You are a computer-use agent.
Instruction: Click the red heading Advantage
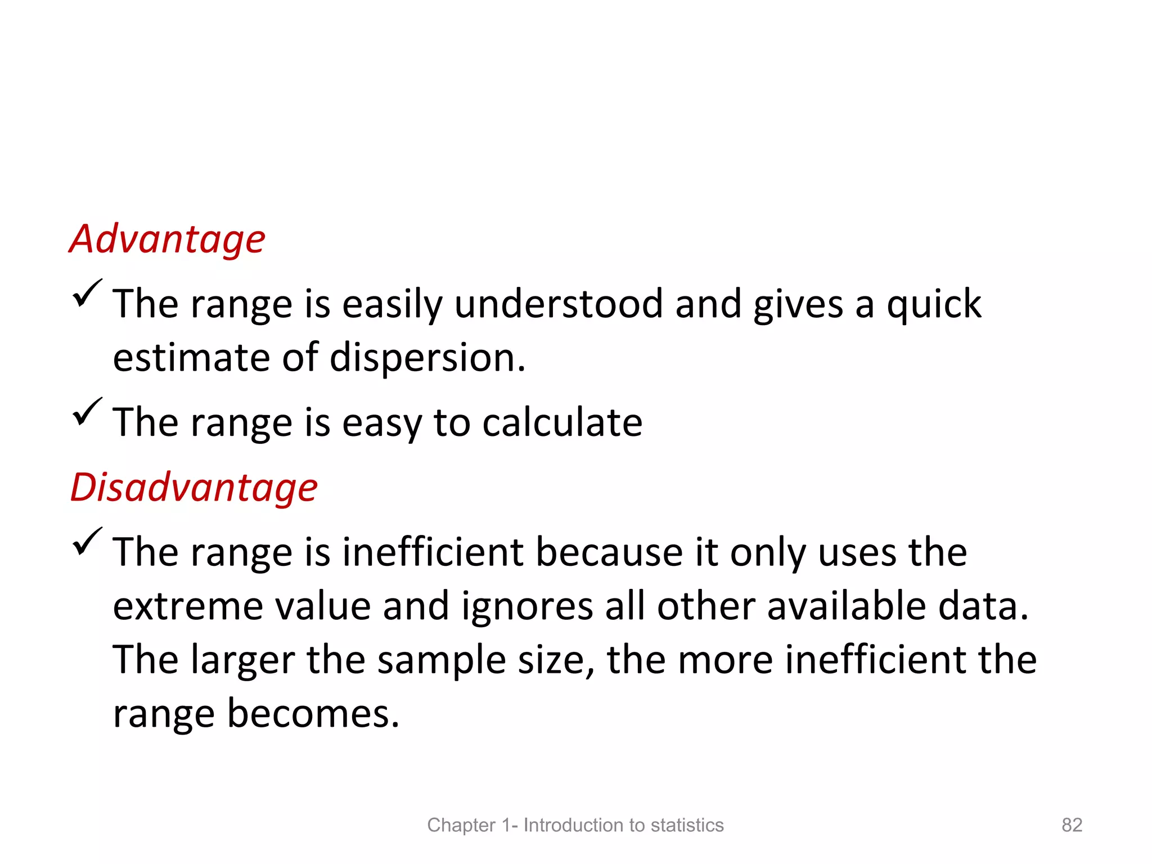pos(167,240)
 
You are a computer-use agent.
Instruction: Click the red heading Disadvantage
pos(194,487)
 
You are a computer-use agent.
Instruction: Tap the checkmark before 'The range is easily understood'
pos(87,293)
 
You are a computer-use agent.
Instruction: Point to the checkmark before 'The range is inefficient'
pos(87,541)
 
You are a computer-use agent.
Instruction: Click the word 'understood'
pos(559,304)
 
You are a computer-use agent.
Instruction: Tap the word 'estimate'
pos(191,358)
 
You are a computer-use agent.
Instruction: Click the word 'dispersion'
pos(426,358)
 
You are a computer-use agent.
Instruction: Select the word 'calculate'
pos(562,422)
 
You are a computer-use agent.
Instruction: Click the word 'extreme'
pos(188,606)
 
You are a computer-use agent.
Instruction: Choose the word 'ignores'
pos(527,606)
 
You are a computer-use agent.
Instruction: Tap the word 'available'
pos(846,606)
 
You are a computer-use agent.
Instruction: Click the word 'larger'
pos(242,660)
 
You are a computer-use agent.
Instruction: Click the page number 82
pos(1072,825)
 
